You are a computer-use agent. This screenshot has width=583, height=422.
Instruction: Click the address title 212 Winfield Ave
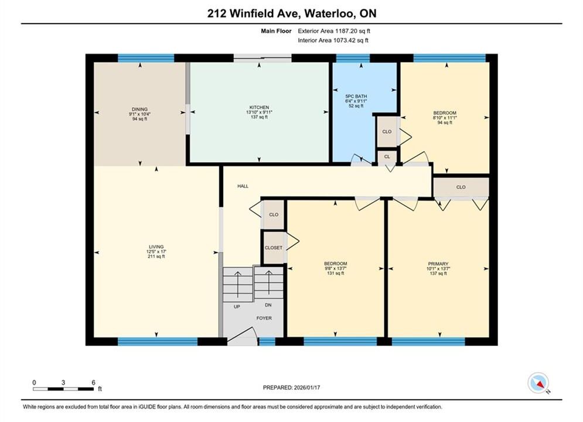[254, 13]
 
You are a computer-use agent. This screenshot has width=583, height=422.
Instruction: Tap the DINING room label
[140, 110]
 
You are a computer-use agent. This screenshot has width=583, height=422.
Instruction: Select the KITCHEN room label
[259, 107]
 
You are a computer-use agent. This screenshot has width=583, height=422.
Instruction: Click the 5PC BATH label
[356, 96]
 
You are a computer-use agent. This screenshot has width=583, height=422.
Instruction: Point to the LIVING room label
[156, 247]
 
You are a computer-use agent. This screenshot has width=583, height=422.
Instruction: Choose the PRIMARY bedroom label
[438, 264]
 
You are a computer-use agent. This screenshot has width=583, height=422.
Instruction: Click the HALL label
[243, 186]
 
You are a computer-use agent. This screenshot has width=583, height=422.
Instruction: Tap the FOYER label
[264, 318]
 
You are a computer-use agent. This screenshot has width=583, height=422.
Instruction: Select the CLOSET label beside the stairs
[274, 247]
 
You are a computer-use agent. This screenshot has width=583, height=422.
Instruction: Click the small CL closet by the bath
[387, 156]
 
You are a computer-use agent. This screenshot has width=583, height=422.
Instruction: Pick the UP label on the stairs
[237, 307]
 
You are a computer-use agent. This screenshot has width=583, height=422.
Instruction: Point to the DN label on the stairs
[268, 305]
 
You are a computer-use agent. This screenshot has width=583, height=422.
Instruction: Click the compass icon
[538, 383]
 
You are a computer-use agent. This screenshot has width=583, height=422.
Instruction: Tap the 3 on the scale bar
[63, 382]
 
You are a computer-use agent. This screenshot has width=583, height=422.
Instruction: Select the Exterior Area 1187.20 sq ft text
[334, 31]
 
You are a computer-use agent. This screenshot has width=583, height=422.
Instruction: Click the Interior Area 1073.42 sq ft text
[333, 40]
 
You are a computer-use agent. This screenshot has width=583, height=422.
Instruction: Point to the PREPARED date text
[292, 387]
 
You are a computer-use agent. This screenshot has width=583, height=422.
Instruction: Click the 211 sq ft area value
[156, 257]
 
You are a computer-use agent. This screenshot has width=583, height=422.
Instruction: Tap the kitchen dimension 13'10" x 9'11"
[259, 113]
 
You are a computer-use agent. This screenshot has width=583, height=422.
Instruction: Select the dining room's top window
[146, 58]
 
